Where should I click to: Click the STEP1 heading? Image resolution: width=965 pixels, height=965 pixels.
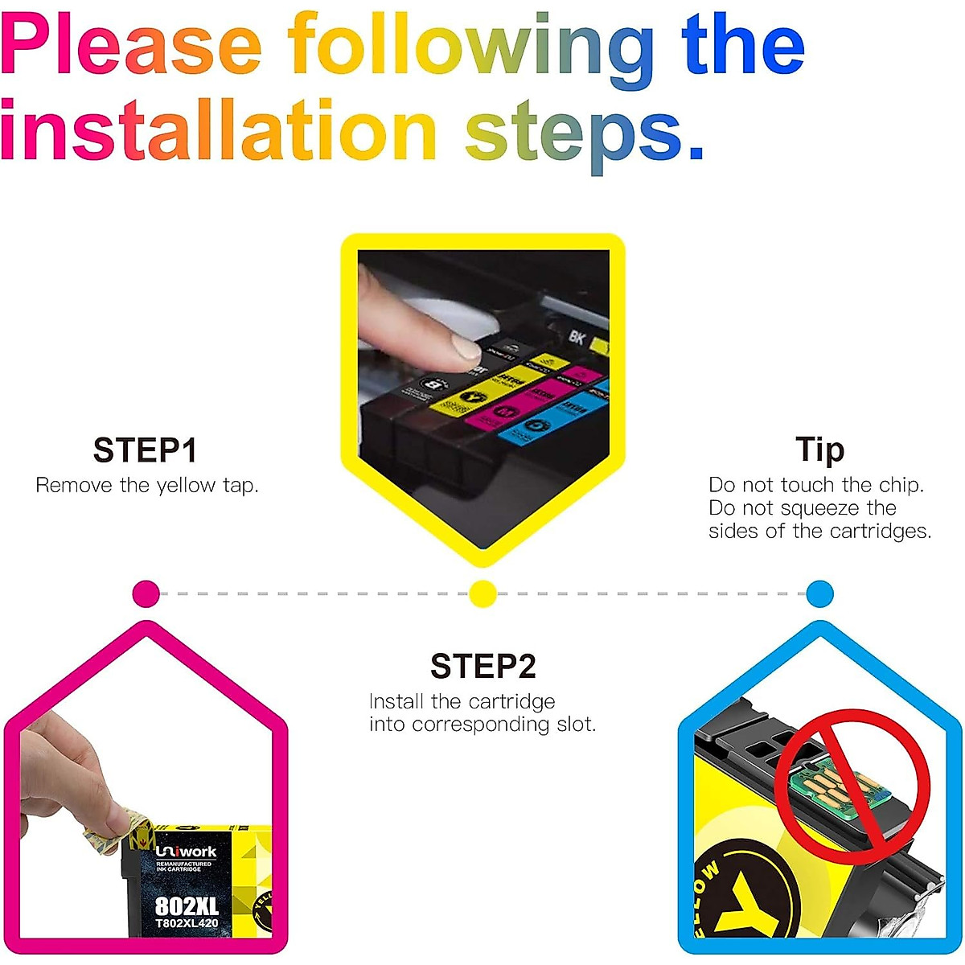click(145, 450)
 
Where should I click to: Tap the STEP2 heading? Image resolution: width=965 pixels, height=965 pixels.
click(482, 667)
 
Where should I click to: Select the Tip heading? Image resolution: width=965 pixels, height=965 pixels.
click(819, 450)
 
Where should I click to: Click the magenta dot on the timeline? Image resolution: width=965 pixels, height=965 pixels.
click(146, 594)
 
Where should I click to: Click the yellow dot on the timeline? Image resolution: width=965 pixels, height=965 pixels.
click(482, 594)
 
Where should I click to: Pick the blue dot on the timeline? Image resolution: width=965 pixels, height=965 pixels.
click(819, 594)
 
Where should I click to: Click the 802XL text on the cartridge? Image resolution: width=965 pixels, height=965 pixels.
click(187, 906)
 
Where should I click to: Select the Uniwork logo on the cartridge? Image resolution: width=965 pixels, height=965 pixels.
click(186, 852)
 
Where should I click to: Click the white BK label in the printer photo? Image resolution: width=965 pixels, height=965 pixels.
click(577, 336)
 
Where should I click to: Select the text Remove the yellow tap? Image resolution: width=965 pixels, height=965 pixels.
click(147, 486)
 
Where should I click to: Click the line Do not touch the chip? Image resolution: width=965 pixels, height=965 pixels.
click(815, 485)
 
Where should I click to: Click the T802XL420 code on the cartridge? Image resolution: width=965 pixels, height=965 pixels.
click(187, 923)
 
